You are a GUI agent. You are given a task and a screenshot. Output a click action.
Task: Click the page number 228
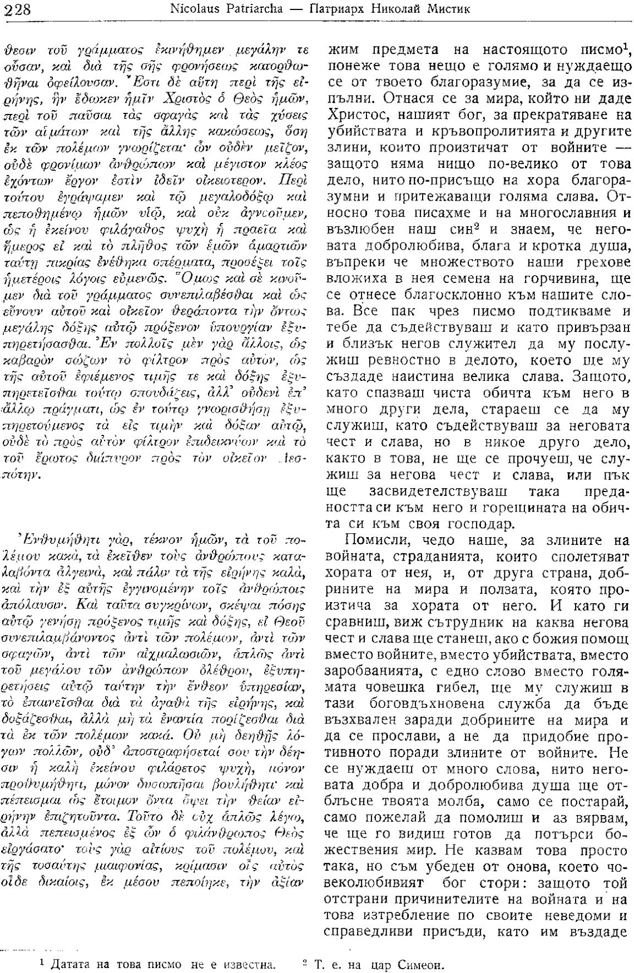[x=19, y=9]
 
